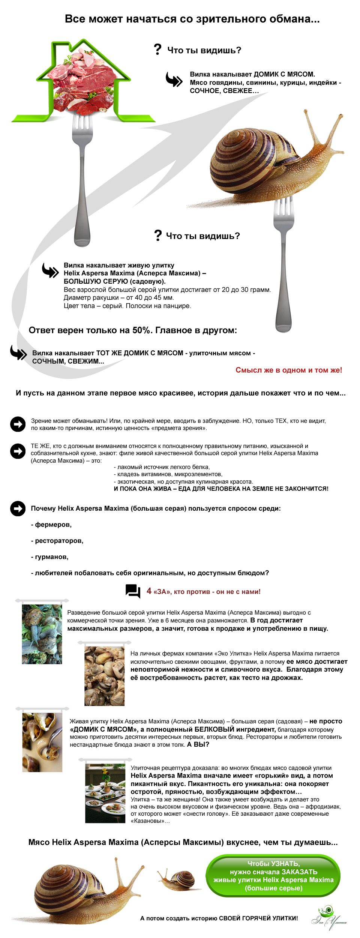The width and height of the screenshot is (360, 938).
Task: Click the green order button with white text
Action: pyautogui.click(x=273, y=876)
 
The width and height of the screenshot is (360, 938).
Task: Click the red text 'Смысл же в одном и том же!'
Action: pyautogui.click(x=288, y=370)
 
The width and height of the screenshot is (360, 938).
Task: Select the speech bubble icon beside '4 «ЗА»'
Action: pyautogui.click(x=133, y=591)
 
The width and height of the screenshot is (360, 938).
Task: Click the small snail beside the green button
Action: pyautogui.click(x=178, y=879)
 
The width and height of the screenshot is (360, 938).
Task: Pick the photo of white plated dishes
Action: pyautogui.click(x=105, y=793)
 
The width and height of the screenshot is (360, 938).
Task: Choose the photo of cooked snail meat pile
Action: pyautogui.click(x=104, y=676)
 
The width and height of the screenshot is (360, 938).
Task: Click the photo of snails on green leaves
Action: pyautogui.click(x=42, y=634)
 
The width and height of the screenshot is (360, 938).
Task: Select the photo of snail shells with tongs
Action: pyautogui.click(x=42, y=742)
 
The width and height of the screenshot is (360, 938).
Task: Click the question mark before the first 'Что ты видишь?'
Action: pyautogui.click(x=157, y=49)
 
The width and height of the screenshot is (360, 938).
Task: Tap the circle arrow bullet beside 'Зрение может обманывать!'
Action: pyautogui.click(x=18, y=424)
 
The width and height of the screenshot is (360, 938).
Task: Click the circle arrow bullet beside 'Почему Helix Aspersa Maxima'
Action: pyautogui.click(x=18, y=508)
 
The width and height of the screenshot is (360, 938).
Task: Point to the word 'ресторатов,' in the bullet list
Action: pyautogui.click(x=59, y=541)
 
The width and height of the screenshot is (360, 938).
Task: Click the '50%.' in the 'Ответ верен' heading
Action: pyautogui.click(x=142, y=330)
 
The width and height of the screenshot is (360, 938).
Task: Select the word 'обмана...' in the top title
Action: pyautogui.click(x=298, y=19)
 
